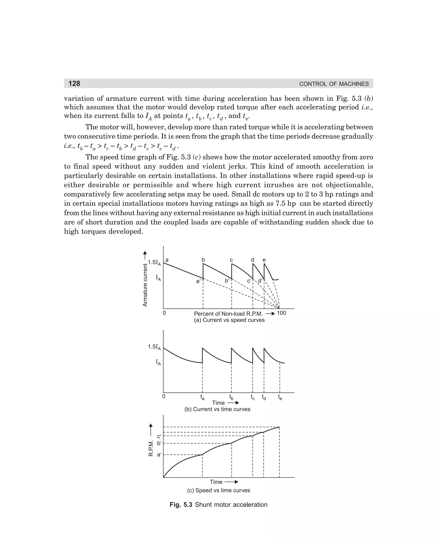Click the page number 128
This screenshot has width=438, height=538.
tap(74, 83)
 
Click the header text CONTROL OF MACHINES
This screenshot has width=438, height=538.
tap(334, 84)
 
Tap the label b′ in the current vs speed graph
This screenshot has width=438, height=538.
tap(227, 281)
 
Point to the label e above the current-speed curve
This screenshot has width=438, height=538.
tap(264, 260)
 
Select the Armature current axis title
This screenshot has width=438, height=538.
tap(145, 285)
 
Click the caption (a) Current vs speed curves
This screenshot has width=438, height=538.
tap(229, 320)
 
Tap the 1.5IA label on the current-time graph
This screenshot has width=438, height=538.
tap(154, 347)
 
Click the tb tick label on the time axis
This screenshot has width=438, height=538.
tap(231, 397)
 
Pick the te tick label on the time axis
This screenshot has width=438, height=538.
tap(280, 397)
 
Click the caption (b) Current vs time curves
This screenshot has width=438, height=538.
tap(217, 409)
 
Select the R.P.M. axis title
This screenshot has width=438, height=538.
tap(151, 448)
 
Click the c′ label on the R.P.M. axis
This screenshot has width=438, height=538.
tap(159, 436)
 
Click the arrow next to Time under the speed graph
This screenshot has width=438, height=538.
tap(231, 482)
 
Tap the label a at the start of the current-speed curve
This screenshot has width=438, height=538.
tap(167, 260)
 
